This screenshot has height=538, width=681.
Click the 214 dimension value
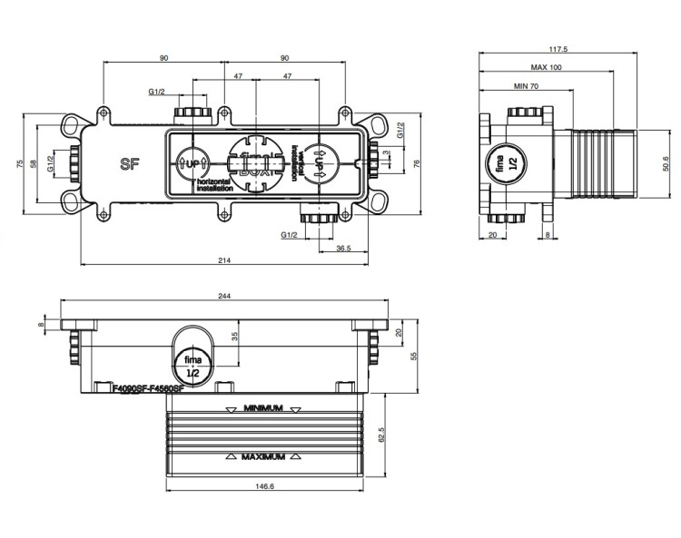coord(223,260)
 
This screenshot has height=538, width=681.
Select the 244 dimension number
coord(224,294)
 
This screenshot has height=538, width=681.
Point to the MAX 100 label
coord(545,67)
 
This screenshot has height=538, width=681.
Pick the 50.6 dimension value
coord(666,163)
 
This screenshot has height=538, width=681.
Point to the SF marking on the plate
coord(129,163)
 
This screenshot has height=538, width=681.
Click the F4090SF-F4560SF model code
coord(148,388)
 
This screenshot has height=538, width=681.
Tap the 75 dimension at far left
coord(20,163)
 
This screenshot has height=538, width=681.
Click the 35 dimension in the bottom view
coord(234,337)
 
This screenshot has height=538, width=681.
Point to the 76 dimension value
coord(417,163)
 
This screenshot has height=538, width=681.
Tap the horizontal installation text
coord(215,186)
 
